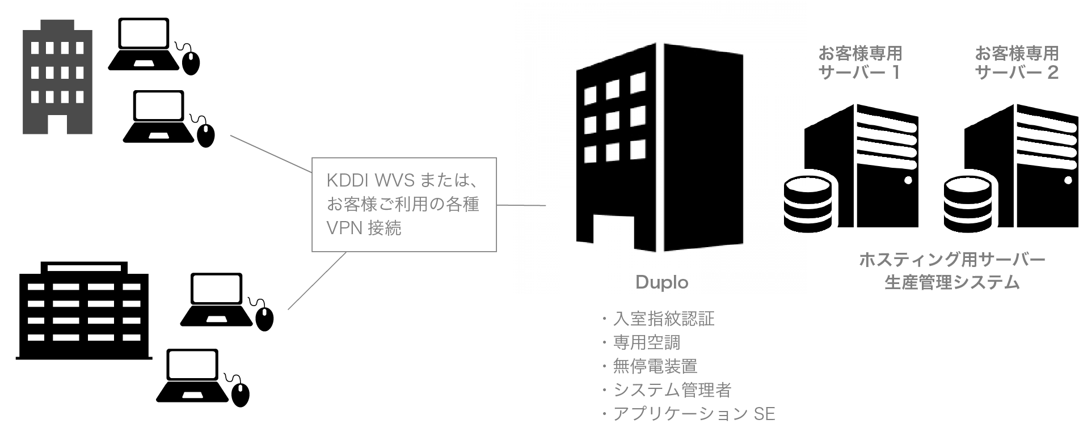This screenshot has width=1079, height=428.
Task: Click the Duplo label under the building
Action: (661, 282)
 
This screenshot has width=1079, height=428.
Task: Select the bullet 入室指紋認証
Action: (663, 319)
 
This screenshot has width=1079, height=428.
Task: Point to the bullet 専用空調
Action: (646, 342)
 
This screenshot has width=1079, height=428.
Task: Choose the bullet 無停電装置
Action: (655, 366)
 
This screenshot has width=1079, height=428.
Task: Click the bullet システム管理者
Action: (672, 390)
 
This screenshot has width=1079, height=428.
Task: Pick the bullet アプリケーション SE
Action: (693, 414)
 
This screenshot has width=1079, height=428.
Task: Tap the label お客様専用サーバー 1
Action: (859, 63)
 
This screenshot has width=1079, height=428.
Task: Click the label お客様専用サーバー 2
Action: (1017, 63)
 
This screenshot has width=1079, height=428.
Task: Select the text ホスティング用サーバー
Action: (952, 260)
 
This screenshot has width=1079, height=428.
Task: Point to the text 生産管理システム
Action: (952, 282)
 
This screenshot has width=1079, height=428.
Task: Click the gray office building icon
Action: (57, 77)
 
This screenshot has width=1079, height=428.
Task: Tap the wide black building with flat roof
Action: (84, 311)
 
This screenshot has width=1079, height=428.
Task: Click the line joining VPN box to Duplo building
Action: (521, 205)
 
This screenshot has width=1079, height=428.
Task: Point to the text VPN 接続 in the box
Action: (364, 228)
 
